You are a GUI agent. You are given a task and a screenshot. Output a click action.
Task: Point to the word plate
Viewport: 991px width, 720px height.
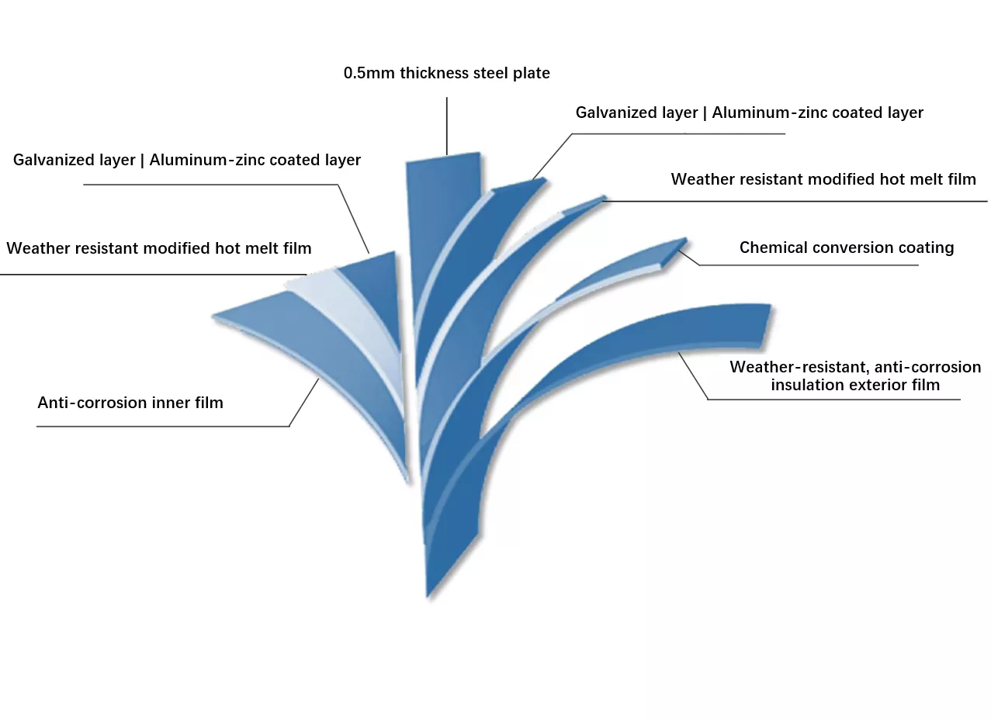click(x=532, y=74)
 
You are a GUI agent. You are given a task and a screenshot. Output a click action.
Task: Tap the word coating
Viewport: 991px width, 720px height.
click(x=926, y=248)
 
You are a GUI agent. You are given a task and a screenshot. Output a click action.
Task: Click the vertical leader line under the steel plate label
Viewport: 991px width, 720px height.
click(x=447, y=126)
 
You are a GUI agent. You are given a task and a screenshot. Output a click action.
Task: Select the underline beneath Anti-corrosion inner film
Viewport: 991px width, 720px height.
click(x=163, y=427)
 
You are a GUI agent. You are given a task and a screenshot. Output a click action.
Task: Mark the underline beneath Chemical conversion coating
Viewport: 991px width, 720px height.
click(x=809, y=265)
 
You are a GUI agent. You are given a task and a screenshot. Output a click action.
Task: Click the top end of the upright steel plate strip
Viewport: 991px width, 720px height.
click(x=443, y=157)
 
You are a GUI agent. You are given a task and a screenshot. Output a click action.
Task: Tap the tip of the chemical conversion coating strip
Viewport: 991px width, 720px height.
click(x=686, y=240)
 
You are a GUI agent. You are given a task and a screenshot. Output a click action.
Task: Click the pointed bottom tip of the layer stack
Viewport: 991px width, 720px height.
click(x=428, y=597)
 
